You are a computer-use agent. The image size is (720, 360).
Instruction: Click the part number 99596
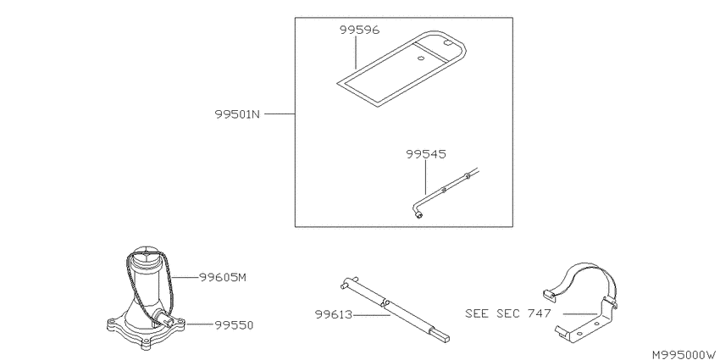coord(359,30)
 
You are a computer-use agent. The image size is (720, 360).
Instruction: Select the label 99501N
coord(237,114)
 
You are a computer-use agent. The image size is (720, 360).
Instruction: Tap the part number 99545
coord(426,154)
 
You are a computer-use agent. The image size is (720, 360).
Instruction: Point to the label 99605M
coord(223,277)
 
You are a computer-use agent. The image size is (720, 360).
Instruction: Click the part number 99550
coord(234,325)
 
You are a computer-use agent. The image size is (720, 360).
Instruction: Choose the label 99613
coord(334,314)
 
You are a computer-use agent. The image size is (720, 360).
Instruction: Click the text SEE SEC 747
coord(508,313)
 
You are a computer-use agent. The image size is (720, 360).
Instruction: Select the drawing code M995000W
coord(684,354)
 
